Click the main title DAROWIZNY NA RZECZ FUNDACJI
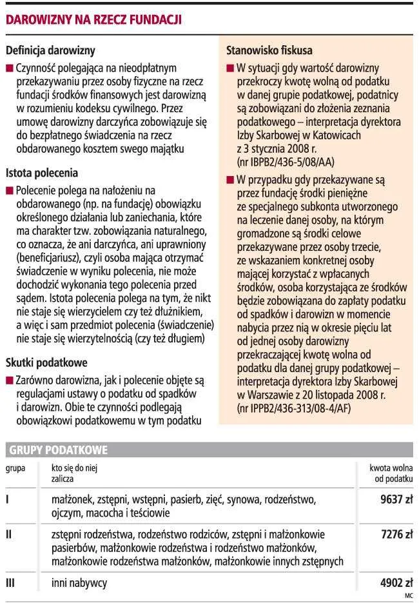pos(93,20)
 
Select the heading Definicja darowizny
pos(50,50)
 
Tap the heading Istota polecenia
pos(42,173)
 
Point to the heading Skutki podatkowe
pos(46,363)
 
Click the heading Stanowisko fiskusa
pos(269,50)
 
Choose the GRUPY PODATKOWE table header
pos(58,450)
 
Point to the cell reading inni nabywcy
pos(79,583)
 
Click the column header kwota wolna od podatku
pos(391,473)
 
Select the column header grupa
pos(15,468)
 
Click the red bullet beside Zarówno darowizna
pos(8,381)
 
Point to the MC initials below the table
pos(408,595)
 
